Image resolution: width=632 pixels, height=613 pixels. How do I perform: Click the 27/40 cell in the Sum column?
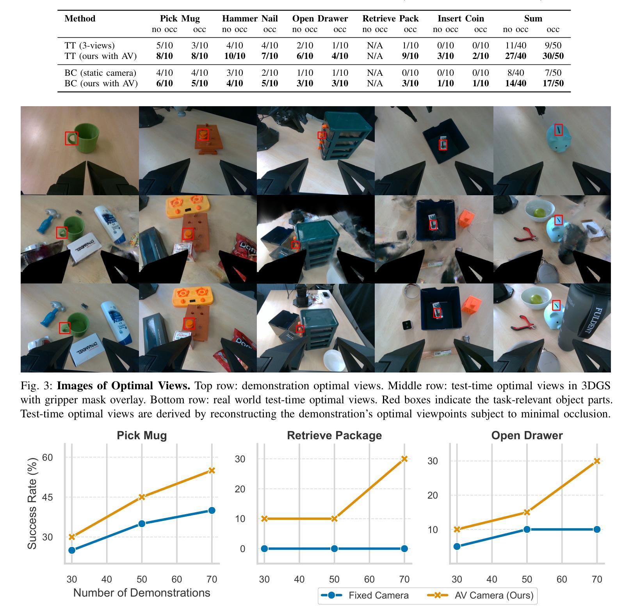pyautogui.click(x=515, y=56)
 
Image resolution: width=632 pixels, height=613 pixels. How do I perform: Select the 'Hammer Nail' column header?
pyautogui.click(x=250, y=18)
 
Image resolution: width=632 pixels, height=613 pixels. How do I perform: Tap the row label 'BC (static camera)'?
pyautogui.click(x=100, y=73)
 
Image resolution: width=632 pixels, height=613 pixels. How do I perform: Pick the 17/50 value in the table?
pyautogui.click(x=553, y=83)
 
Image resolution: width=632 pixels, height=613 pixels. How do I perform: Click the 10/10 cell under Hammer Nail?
pyautogui.click(x=235, y=56)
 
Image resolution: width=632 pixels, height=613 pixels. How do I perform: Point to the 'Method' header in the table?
pyautogui.click(x=80, y=18)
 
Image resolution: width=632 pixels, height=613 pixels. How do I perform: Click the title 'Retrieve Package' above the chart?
pyautogui.click(x=334, y=436)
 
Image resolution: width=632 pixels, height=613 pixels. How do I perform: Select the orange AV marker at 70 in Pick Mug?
pyautogui.click(x=212, y=470)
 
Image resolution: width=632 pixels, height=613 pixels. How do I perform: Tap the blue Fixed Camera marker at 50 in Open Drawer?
pyautogui.click(x=527, y=529)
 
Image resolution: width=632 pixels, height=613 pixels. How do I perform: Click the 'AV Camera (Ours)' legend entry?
pyautogui.click(x=494, y=595)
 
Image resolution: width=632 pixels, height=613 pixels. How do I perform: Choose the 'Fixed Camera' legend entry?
pyautogui.click(x=378, y=595)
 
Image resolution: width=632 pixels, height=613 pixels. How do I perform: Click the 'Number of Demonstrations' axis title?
pyautogui.click(x=141, y=593)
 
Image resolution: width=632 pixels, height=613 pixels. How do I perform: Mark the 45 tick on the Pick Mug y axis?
pyautogui.click(x=48, y=497)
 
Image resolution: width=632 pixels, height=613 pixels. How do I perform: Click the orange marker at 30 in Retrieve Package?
pyautogui.click(x=264, y=519)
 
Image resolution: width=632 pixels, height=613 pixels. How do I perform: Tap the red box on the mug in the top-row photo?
pyautogui.click(x=71, y=138)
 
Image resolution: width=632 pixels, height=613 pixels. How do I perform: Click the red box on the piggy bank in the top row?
pyautogui.click(x=558, y=130)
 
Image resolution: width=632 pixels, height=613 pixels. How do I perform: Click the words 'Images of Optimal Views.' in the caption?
pyautogui.click(x=123, y=386)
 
